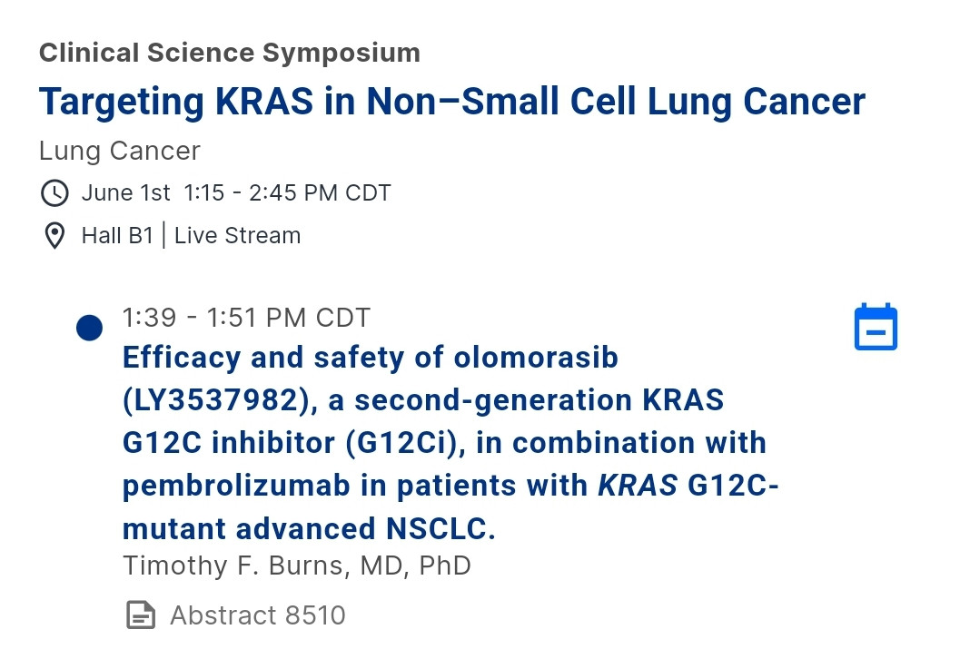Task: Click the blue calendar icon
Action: [x=876, y=327]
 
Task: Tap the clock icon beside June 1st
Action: [x=55, y=193]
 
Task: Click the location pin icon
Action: [x=55, y=235]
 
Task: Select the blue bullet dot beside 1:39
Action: [x=89, y=328]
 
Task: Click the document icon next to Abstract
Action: [x=141, y=615]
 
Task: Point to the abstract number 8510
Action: [x=315, y=615]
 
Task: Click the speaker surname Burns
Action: [x=305, y=565]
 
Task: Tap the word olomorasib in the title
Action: [x=536, y=358]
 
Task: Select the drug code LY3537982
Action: [x=216, y=400]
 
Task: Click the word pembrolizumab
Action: [x=236, y=486]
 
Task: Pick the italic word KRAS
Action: [x=638, y=486]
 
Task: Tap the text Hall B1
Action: [x=117, y=235]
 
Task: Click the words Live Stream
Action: [x=237, y=235]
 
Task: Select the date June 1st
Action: [x=125, y=193]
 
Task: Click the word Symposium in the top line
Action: [x=342, y=54]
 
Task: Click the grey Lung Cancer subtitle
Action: [x=119, y=152]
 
